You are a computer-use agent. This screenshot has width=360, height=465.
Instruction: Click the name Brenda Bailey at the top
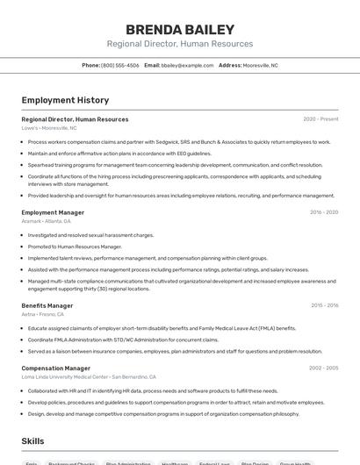click(x=180, y=29)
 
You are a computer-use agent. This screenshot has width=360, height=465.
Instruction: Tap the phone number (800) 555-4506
click(x=119, y=65)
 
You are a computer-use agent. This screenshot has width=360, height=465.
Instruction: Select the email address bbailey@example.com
click(x=187, y=65)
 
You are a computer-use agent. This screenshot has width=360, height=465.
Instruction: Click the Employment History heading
click(x=65, y=100)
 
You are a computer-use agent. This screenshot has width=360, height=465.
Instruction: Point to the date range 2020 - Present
click(x=320, y=119)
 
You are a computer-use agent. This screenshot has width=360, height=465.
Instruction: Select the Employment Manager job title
click(x=53, y=212)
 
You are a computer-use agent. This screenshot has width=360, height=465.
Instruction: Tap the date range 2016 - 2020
click(x=324, y=212)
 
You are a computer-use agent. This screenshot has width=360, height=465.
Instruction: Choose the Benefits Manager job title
click(x=47, y=305)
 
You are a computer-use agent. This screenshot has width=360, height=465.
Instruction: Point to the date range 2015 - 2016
click(x=324, y=305)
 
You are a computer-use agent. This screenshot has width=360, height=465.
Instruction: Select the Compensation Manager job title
click(x=55, y=368)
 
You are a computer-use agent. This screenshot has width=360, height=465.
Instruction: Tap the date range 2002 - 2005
click(x=324, y=368)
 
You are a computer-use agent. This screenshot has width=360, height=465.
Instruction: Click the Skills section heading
click(x=32, y=440)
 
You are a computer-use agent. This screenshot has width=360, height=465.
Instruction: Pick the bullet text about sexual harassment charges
click(x=90, y=235)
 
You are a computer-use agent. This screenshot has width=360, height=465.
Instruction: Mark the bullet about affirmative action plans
click(x=119, y=154)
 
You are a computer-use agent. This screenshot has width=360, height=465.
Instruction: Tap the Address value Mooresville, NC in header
click(x=260, y=65)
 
